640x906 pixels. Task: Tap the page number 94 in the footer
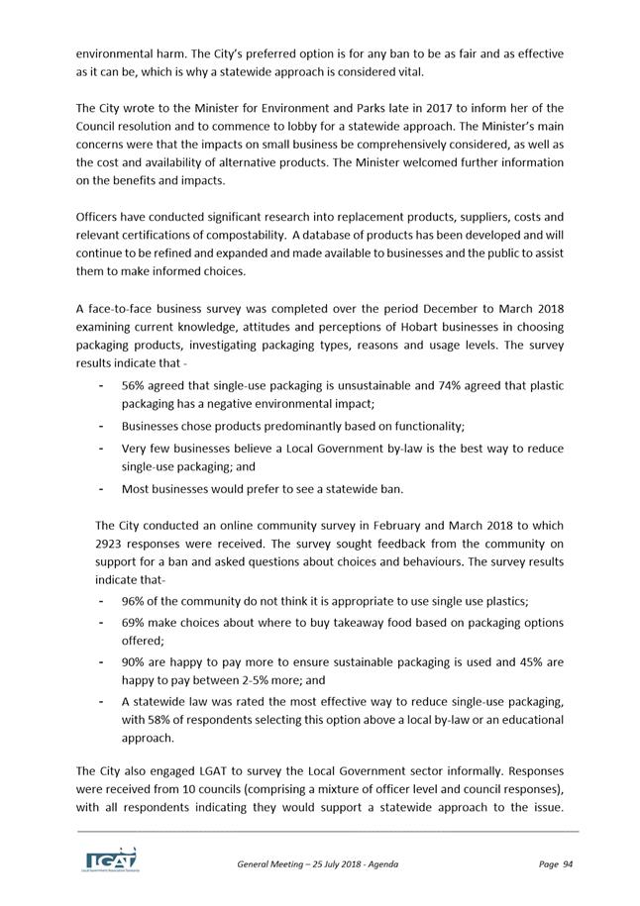(x=568, y=864)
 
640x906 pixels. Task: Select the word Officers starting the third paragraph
(x=100, y=216)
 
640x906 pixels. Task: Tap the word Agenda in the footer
(x=381, y=864)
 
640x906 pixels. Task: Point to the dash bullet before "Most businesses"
(x=103, y=488)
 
